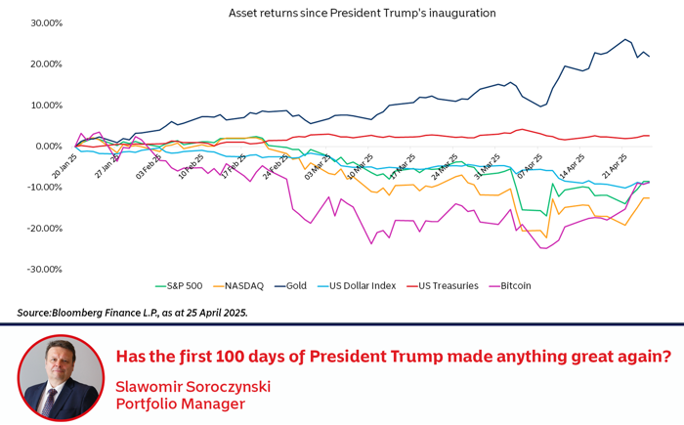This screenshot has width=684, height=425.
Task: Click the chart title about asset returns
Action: (362, 13)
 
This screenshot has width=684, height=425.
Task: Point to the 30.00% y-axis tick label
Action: (46, 23)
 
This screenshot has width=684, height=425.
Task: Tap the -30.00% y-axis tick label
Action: (44, 270)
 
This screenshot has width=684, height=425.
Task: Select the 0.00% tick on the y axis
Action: (48, 147)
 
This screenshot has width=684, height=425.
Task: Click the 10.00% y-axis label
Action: (46, 106)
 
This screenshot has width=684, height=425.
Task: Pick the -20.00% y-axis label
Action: (44, 229)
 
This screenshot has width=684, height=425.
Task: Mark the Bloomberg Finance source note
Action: (132, 313)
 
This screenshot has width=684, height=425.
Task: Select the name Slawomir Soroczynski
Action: (192, 386)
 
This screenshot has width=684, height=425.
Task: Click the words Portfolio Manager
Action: (181, 404)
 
